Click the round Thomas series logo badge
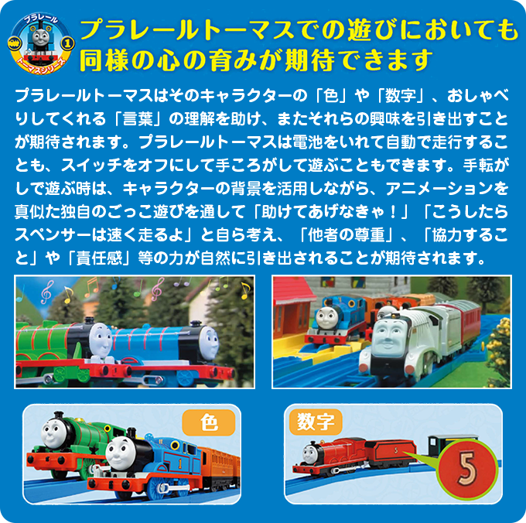click(41, 43)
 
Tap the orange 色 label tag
click(209, 422)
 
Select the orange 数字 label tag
click(316, 422)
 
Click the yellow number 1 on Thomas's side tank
click(179, 463)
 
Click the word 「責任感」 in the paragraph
click(99, 258)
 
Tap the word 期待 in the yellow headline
click(309, 60)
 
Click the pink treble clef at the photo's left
click(47, 291)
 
